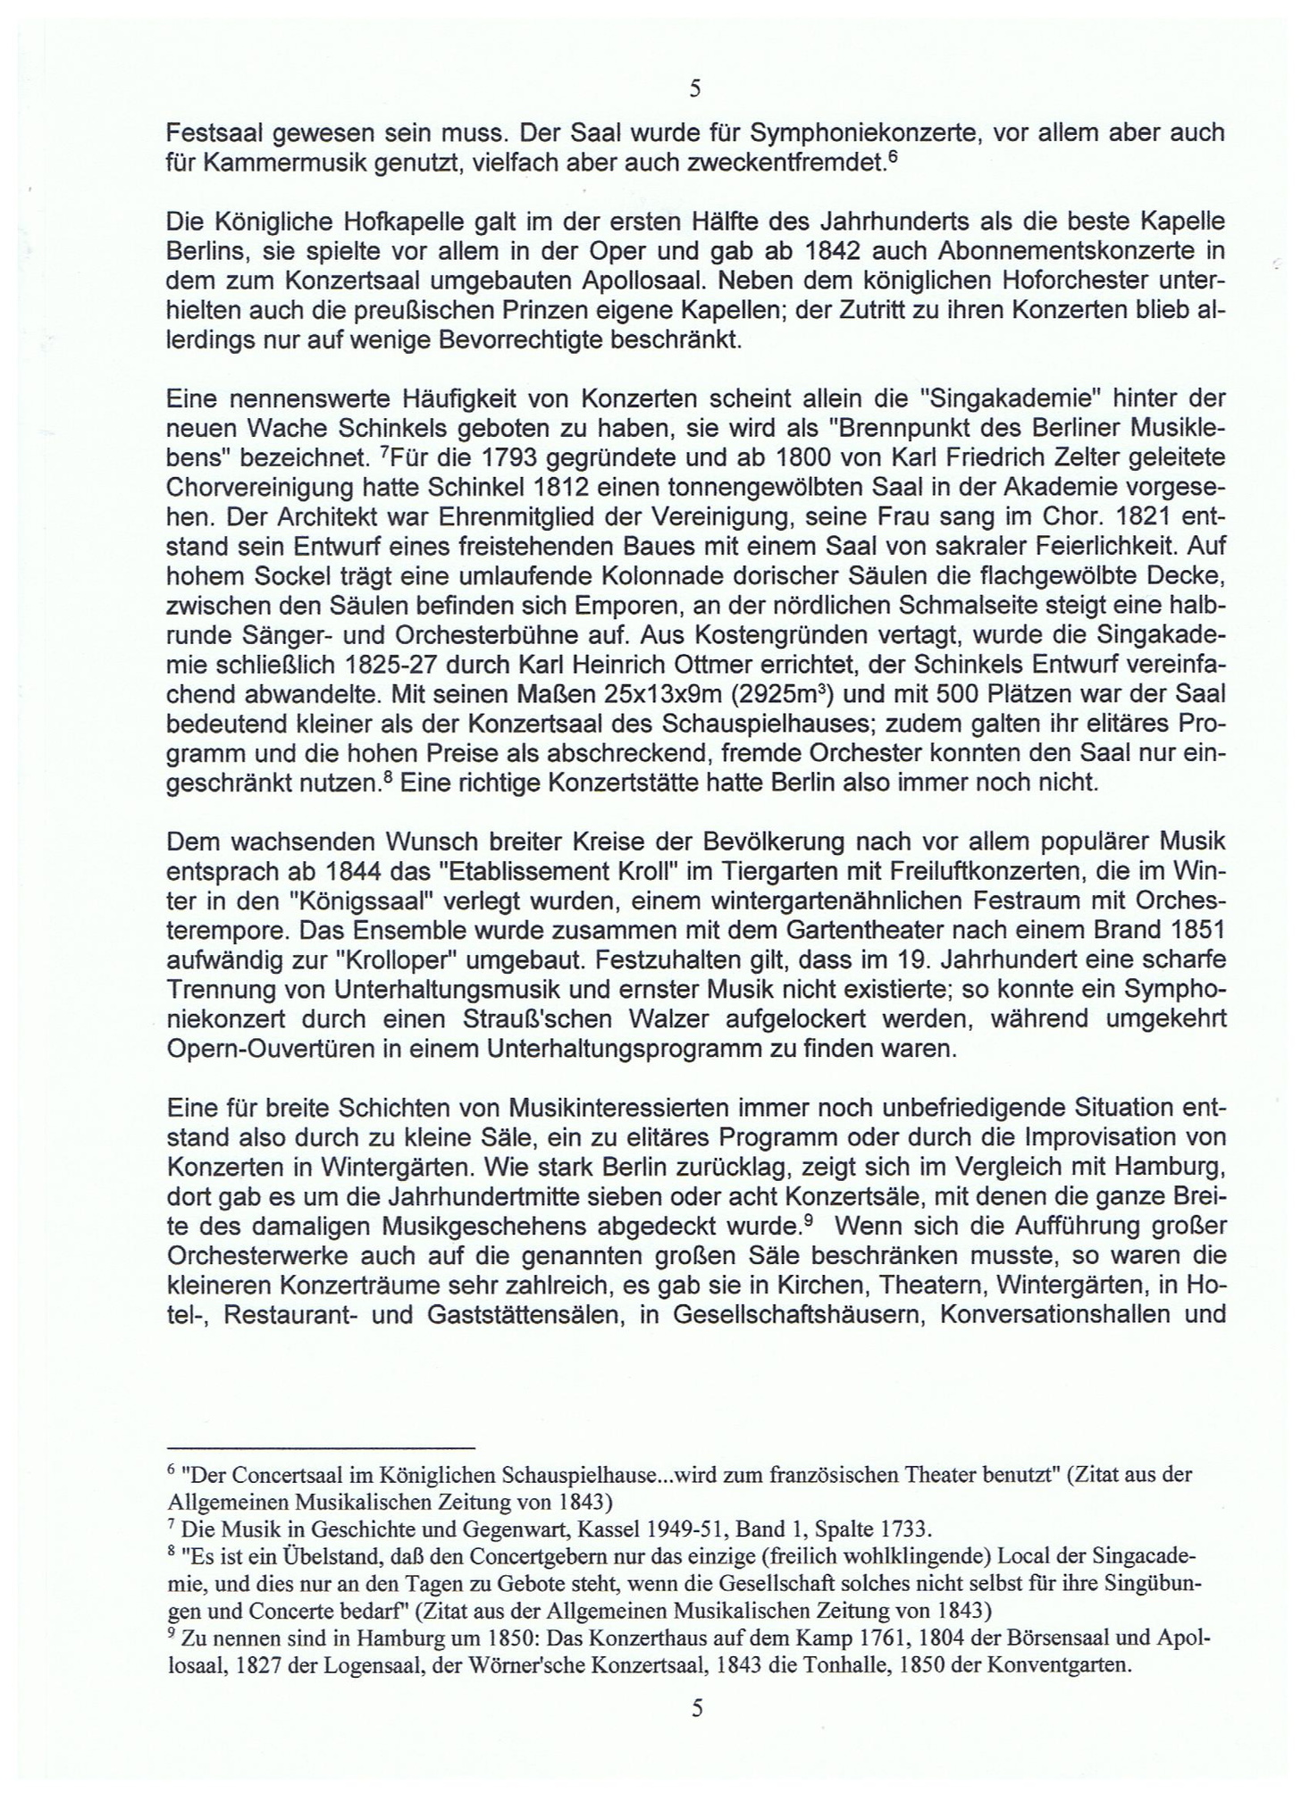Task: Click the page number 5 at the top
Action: click(x=696, y=89)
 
